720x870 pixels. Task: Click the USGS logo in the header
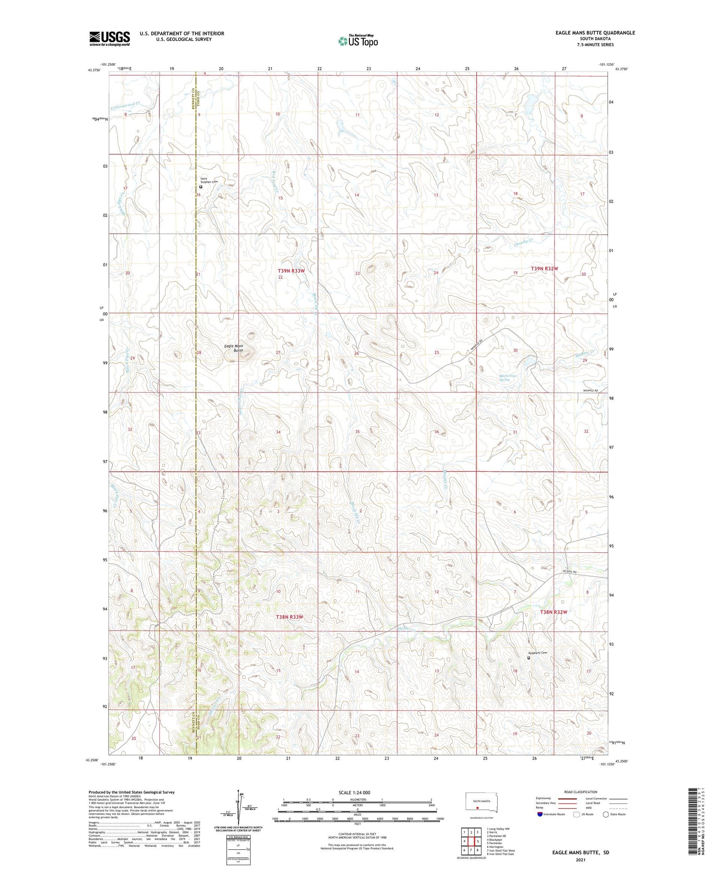pos(109,38)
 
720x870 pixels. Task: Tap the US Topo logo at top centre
pos(358,41)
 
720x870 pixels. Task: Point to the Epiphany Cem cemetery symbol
pos(529,658)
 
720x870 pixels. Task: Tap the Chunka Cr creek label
pos(524,243)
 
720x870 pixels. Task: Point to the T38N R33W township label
pos(290,617)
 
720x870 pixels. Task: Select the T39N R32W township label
pos(545,269)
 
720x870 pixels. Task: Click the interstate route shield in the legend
pos(540,814)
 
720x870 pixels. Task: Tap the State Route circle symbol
pos(606,814)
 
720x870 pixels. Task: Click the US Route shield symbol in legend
pos(576,814)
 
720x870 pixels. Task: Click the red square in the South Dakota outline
pos(478,807)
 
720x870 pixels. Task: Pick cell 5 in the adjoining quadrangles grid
pos(478,841)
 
